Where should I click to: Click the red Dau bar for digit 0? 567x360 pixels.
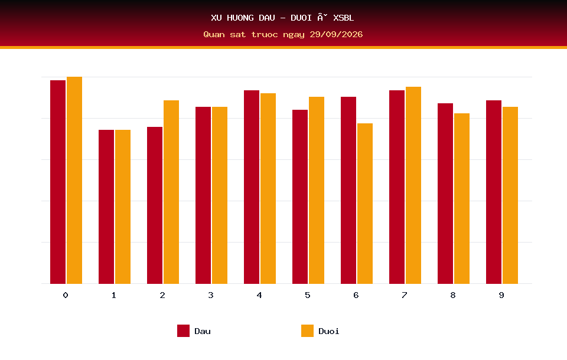[58, 182]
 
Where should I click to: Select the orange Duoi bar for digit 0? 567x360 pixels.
[74, 181]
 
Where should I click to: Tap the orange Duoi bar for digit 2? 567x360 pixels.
[171, 192]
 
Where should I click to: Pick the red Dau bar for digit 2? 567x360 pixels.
[155, 205]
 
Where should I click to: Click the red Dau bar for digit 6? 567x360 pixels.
[348, 190]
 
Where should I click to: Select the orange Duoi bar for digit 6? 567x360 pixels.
[365, 204]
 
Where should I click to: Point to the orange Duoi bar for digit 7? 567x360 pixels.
[413, 185]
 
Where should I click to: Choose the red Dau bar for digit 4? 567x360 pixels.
[252, 187]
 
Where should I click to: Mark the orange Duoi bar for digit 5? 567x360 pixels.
[317, 190]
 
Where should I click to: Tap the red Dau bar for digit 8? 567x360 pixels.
[445, 194]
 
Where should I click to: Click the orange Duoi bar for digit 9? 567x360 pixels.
[510, 195]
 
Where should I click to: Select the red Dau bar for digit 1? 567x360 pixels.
[106, 207]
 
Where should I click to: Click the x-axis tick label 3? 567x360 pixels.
[211, 295]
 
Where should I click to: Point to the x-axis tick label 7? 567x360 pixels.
[404, 295]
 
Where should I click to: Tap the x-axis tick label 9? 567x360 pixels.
[501, 295]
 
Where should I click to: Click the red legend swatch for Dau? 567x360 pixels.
[183, 330]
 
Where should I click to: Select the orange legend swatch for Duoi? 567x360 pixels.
[307, 330]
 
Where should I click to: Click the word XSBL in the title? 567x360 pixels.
[344, 18]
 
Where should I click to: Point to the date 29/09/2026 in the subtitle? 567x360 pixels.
[336, 34]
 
